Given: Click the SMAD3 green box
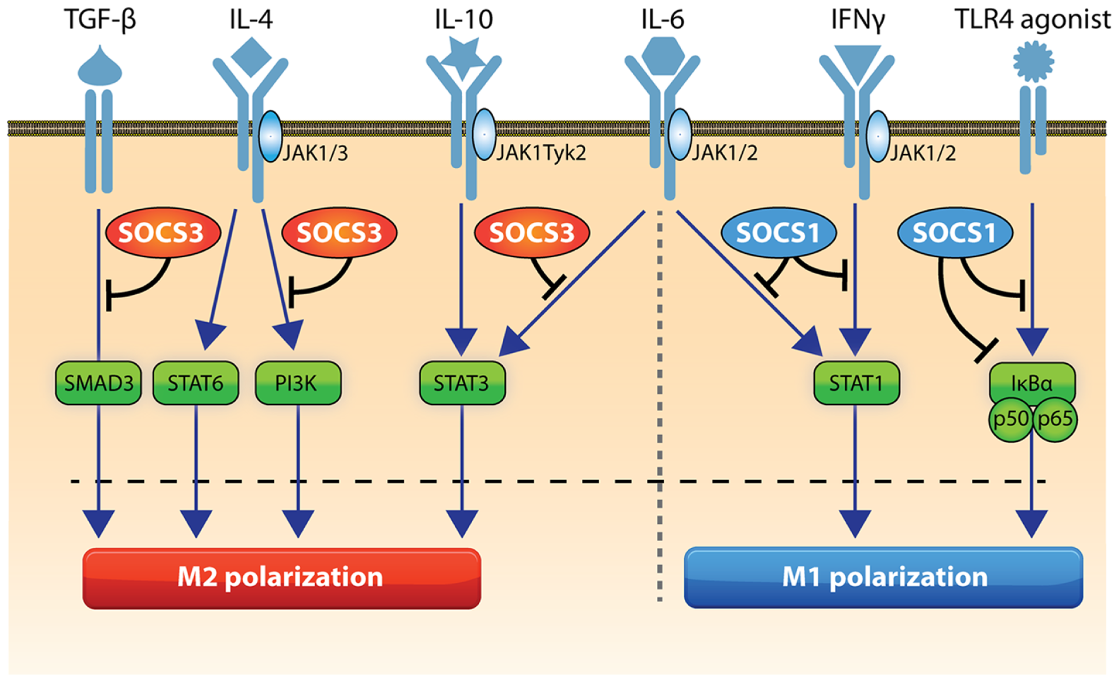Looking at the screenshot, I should [x=98, y=383].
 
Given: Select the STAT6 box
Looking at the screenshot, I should [x=196, y=383].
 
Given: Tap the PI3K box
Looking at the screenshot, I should [x=297, y=383].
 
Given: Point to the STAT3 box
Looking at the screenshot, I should [x=462, y=383].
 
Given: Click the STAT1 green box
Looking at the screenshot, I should [x=855, y=383].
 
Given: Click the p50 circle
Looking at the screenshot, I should [x=1011, y=420].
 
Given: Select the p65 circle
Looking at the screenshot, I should [x=1055, y=420].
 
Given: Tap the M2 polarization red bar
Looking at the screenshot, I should [x=281, y=578].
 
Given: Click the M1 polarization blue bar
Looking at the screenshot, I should [x=883, y=578].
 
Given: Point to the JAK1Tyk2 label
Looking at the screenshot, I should [x=541, y=153].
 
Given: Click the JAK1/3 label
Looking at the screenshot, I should [x=315, y=153].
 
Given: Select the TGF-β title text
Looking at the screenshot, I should [x=100, y=19].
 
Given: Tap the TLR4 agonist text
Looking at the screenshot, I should [x=1032, y=19].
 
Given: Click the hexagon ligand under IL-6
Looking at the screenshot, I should [x=662, y=56].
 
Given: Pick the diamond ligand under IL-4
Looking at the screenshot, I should [x=251, y=56].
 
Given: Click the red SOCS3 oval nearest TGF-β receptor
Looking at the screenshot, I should [x=163, y=233].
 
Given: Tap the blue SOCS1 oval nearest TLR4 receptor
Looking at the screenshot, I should [x=955, y=233].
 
